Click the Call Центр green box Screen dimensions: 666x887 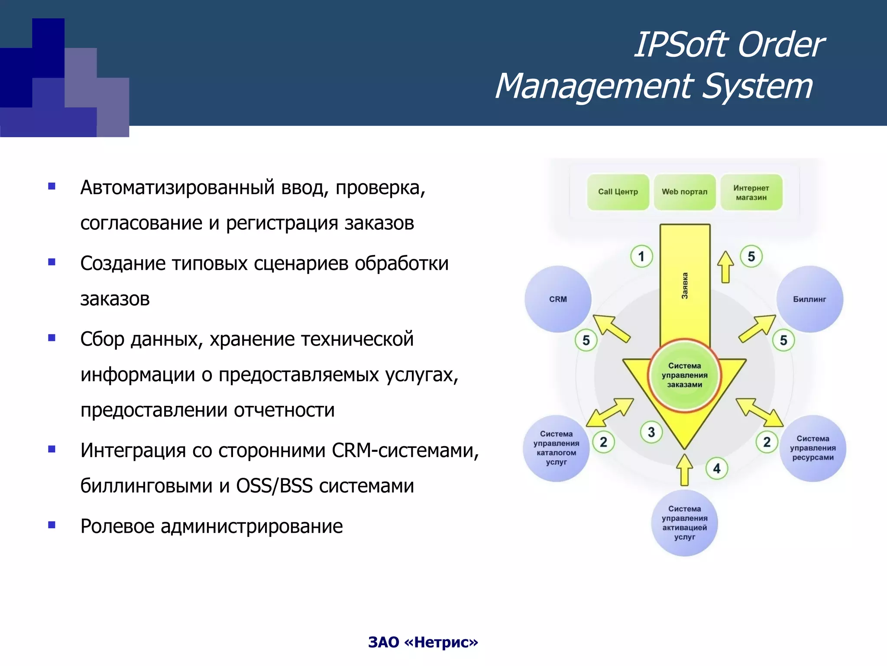click(618, 192)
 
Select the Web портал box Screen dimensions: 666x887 click(684, 192)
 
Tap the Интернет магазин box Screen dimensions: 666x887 click(751, 193)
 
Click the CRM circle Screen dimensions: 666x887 click(558, 299)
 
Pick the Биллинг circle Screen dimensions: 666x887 click(809, 299)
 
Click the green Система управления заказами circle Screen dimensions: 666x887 click(684, 375)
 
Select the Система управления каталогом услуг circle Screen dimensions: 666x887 click(556, 448)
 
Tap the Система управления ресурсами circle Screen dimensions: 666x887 click(813, 448)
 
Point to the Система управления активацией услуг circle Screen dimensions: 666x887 click(684, 523)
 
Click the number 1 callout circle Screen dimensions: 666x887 click(641, 256)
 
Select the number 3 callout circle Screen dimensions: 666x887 click(651, 432)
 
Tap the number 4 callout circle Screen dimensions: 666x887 click(717, 468)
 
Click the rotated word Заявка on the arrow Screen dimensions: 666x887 click(685, 286)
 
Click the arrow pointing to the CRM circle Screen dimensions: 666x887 click(611, 328)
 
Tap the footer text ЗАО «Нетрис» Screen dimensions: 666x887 click(423, 642)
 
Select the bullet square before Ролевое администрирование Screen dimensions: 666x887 click(52, 525)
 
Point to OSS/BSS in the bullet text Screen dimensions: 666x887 click(274, 486)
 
